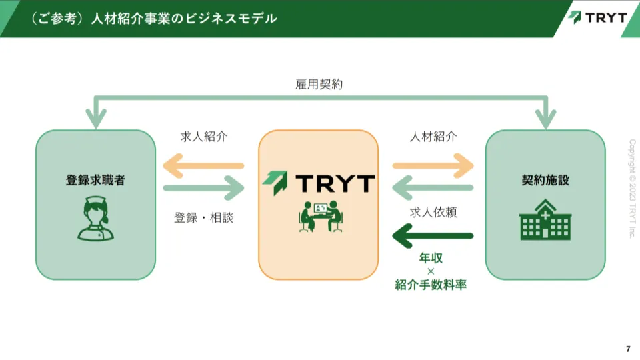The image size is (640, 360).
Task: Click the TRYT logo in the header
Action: [x=597, y=17]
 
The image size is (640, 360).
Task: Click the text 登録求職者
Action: [x=95, y=180]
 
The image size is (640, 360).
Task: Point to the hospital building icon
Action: [x=545, y=220]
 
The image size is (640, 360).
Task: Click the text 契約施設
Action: [x=545, y=180]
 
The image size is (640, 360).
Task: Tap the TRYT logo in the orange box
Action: [x=318, y=181]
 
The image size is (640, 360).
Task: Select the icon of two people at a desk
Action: [x=319, y=216]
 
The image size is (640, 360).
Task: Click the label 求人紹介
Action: [x=204, y=137]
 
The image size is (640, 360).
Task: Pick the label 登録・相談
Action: [x=204, y=217]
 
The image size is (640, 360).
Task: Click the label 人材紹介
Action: [x=433, y=137]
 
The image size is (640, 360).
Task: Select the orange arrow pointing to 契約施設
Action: [x=433, y=165]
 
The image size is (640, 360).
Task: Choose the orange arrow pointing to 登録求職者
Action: [x=204, y=165]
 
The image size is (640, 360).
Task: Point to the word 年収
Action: [x=431, y=257]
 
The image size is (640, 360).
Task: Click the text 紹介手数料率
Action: [x=431, y=285]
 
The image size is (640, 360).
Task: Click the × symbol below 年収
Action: [x=431, y=271]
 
